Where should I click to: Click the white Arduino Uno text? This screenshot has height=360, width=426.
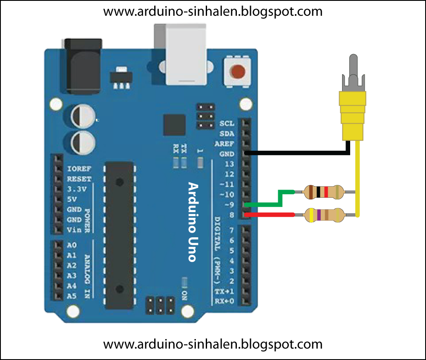pos(193,222)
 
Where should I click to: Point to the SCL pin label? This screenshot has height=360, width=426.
pos(227,124)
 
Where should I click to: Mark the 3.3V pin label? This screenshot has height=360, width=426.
pos(77,189)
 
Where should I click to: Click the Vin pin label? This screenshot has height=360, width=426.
pos(72,230)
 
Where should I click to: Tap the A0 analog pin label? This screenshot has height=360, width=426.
pos(72,245)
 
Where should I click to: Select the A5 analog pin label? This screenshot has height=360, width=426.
pos(72,296)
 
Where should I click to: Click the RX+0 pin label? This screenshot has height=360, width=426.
pos(224,301)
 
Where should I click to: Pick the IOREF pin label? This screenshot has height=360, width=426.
pos(79,169)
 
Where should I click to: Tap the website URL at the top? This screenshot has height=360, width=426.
pos(213,12)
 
